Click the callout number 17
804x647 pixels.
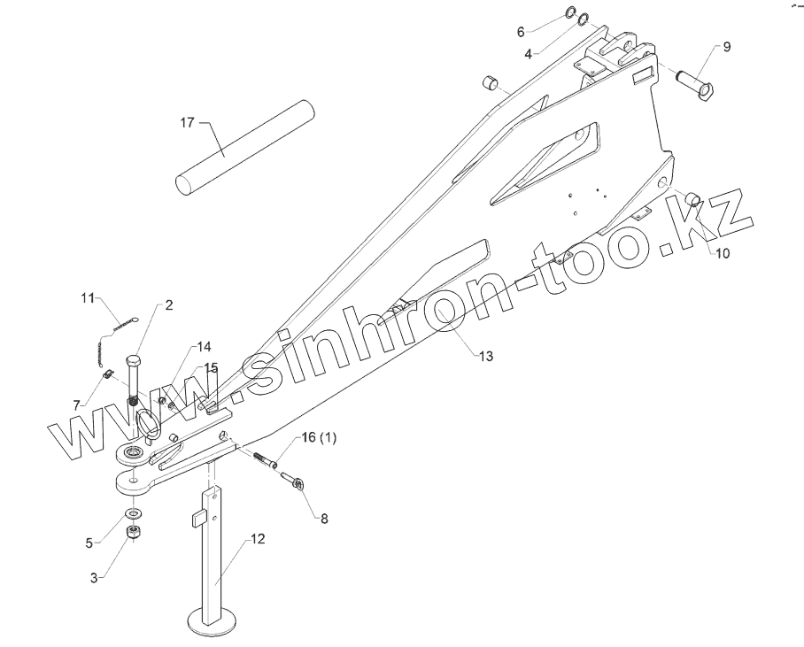click(188, 122)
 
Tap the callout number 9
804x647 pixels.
click(727, 47)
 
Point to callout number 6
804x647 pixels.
click(521, 31)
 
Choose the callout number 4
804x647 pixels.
click(528, 53)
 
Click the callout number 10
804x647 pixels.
click(723, 253)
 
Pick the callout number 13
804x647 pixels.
click(485, 356)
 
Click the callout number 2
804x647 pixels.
click(168, 304)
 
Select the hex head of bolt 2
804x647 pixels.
click(134, 362)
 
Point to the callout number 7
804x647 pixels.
click(79, 404)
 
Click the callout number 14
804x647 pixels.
click(205, 346)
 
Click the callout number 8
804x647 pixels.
click(324, 520)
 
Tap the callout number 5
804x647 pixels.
click(89, 543)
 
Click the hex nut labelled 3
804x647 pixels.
click(133, 532)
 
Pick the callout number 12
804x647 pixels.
click(257, 537)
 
